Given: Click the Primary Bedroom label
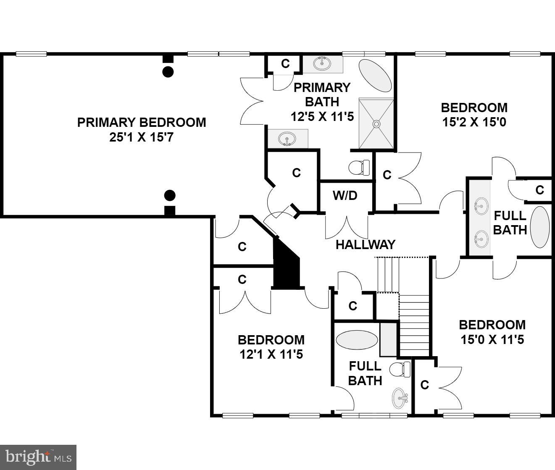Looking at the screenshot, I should coord(142,122).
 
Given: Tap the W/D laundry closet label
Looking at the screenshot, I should coord(345,195).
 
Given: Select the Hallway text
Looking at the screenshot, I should coord(365,244).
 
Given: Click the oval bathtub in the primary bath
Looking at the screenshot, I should coord(376,76).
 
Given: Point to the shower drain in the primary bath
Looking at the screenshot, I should coord(376,124).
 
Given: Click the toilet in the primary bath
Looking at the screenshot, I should coord(359,168).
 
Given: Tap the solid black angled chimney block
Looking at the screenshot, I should coord(286,265).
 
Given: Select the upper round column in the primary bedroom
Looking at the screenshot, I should coord(168,71).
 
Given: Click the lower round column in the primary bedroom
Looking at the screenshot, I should coord(170,195).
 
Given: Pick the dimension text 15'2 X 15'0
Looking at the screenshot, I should coord(473,122).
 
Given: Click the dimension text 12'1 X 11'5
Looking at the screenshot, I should coord(271,354).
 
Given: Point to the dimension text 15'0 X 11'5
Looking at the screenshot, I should coord(492,339).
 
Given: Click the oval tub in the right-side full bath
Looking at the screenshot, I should coord(540,227).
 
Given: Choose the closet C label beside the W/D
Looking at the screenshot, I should coord(387,175).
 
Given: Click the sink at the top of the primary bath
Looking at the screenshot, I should coord(323,64).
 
